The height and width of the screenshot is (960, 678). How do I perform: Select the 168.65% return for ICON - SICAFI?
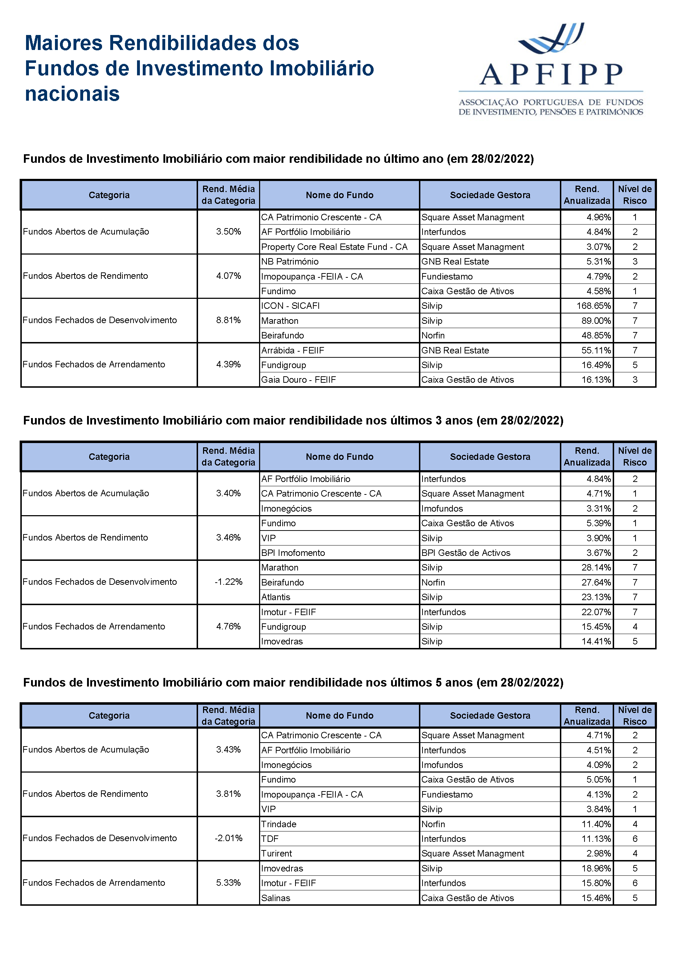click(593, 306)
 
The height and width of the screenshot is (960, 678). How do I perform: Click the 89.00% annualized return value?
click(596, 321)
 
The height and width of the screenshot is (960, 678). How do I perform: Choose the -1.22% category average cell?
click(228, 582)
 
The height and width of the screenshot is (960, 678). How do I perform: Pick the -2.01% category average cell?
click(228, 838)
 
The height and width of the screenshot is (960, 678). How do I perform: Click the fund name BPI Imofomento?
click(293, 553)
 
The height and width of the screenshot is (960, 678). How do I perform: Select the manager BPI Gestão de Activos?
click(466, 553)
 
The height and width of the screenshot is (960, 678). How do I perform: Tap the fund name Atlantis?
click(275, 597)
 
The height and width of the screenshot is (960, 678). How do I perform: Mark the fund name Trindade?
click(278, 824)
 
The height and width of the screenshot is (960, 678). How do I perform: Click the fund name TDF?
click(270, 838)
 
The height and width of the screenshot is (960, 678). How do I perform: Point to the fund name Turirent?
click(276, 853)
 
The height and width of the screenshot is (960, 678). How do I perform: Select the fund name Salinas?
click(275, 897)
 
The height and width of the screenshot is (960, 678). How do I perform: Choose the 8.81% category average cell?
click(228, 320)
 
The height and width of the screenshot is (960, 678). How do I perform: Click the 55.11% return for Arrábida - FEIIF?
click(596, 350)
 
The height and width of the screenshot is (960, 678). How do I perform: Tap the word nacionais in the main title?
click(72, 94)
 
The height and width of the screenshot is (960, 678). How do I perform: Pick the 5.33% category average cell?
click(228, 882)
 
